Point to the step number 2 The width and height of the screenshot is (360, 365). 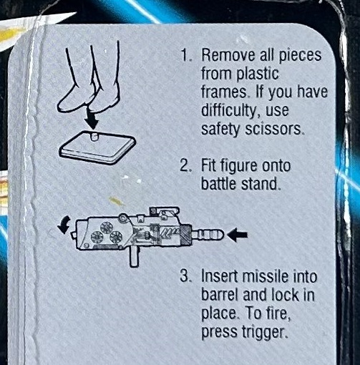click(185, 166)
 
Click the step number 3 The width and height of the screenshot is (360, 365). click(185, 276)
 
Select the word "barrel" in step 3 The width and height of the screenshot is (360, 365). click(220, 295)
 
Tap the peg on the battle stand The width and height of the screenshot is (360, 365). click(94, 137)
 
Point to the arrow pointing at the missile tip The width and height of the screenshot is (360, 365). click(238, 235)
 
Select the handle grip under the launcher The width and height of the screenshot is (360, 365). click(134, 256)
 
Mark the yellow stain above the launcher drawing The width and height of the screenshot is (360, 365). click(116, 201)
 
